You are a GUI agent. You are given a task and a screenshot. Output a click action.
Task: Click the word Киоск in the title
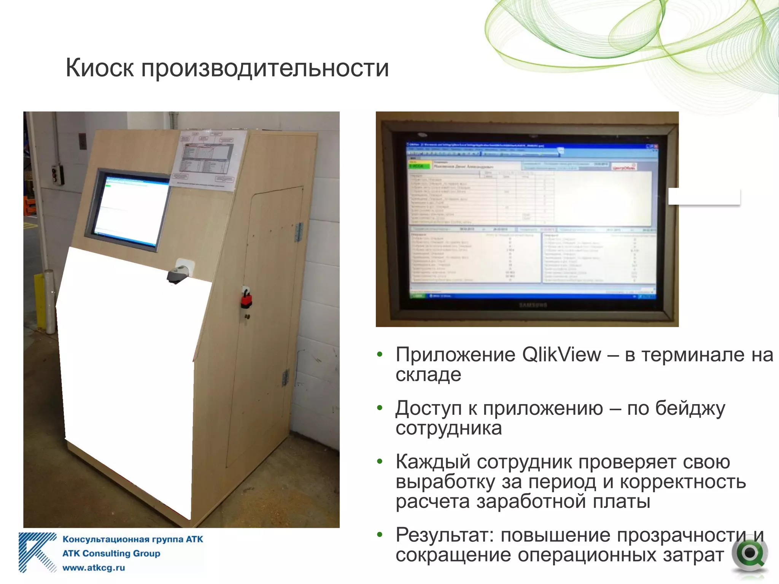pyautogui.click(x=100, y=68)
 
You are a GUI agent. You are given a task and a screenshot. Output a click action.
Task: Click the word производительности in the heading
pyautogui.click(x=265, y=68)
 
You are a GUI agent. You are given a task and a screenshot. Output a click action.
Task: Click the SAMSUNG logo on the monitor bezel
pyautogui.click(x=533, y=305)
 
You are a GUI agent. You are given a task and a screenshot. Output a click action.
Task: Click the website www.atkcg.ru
pyautogui.click(x=94, y=568)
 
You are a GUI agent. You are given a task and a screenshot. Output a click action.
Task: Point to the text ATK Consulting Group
pyautogui.click(x=111, y=553)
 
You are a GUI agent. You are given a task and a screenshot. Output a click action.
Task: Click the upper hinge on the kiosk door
pyautogui.click(x=299, y=232)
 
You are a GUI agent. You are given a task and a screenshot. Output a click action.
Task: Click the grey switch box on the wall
pyautogui.click(x=57, y=175)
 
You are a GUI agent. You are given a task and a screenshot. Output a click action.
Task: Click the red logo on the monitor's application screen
pyautogui.click(x=624, y=167)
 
